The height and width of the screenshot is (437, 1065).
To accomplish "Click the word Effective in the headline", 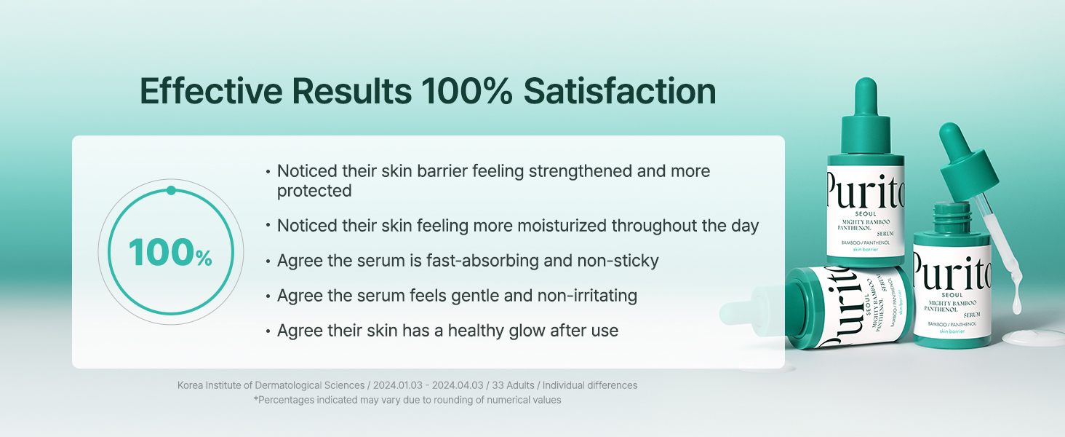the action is [211, 91].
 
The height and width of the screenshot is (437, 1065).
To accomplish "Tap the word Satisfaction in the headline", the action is [620, 91].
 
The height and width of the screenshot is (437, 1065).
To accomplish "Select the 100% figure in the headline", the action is [467, 91].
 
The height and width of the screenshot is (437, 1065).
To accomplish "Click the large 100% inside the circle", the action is [170, 253].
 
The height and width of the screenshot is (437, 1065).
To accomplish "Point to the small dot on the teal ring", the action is [171, 190].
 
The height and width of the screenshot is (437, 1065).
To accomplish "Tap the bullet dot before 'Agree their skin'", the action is [268, 331].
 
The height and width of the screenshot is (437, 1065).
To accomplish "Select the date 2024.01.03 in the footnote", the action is [397, 385].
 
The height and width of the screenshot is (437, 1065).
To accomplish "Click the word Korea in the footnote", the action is [190, 385].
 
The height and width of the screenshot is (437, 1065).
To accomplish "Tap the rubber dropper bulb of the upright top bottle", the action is [866, 95].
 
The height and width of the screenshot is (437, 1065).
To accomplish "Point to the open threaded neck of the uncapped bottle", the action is [952, 217].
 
